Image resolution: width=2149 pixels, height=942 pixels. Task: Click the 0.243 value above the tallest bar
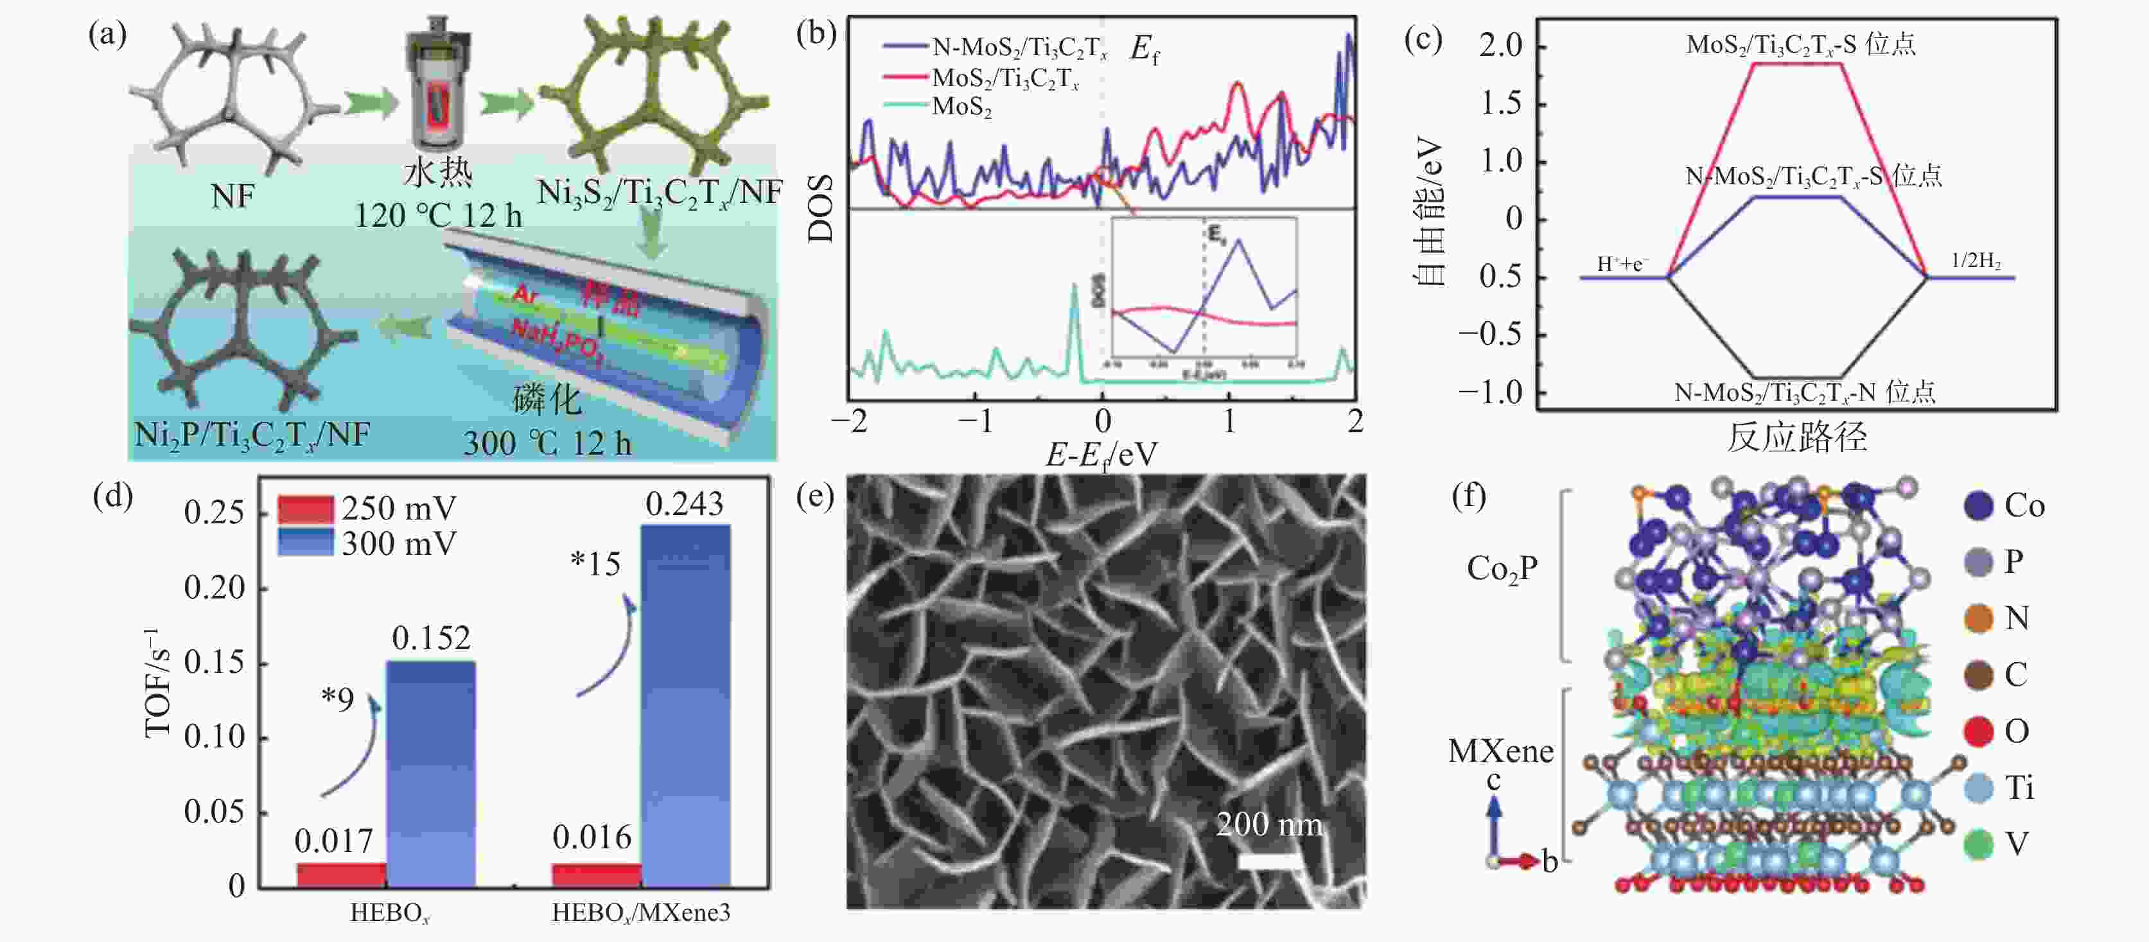click(684, 505)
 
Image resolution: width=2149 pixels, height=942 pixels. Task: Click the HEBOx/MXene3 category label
click(641, 913)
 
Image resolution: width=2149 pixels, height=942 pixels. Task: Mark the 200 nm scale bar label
click(1269, 825)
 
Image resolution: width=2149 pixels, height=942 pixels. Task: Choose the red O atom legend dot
click(1978, 732)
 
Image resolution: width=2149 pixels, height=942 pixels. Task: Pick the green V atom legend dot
click(1978, 844)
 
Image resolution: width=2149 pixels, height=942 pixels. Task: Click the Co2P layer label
click(1502, 570)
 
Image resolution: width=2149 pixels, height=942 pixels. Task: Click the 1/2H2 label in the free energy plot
click(1976, 261)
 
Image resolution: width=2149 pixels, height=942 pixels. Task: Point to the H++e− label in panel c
click(1622, 265)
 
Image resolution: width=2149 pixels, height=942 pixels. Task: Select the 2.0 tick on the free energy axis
click(1500, 45)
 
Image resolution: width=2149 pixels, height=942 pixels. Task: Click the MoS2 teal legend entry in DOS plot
click(961, 107)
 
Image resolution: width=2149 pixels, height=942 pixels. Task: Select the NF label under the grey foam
click(232, 197)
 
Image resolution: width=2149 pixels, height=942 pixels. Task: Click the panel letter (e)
click(815, 496)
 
